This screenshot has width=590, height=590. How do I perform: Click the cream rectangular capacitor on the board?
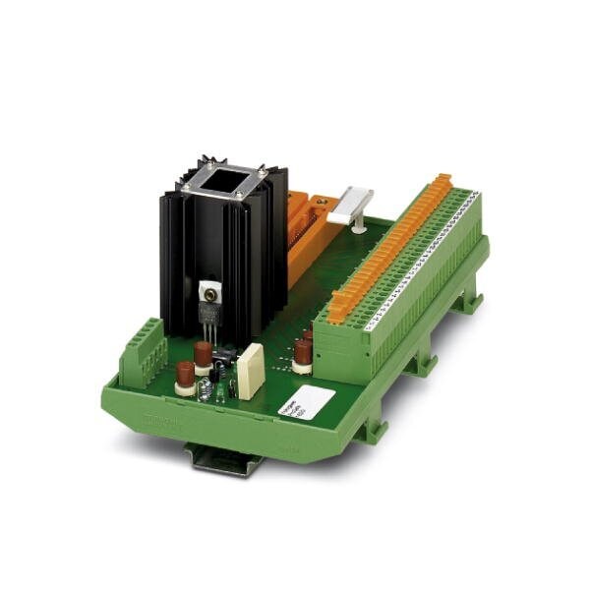(x=250, y=371)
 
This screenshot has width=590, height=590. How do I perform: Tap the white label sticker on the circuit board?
(x=312, y=401)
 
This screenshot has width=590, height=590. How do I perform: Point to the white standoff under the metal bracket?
(x=358, y=224)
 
